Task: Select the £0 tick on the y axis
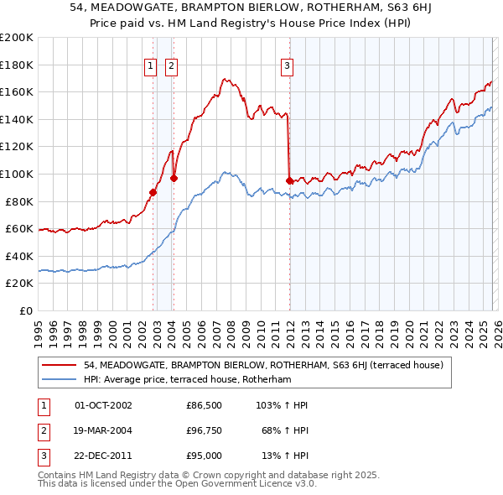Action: tap(28, 310)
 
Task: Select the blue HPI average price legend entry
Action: tap(187, 379)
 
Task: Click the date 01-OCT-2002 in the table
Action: tap(103, 405)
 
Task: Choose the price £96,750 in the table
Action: tap(204, 430)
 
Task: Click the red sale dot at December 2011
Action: tap(289, 180)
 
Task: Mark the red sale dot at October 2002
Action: tap(153, 192)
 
